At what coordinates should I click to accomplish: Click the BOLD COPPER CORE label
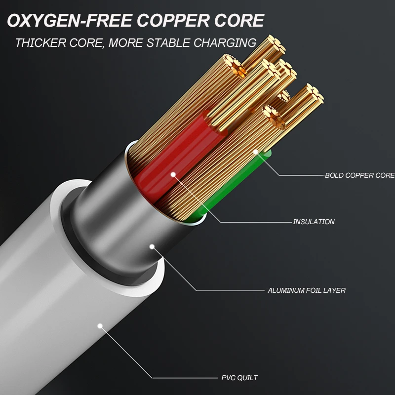tap(359, 175)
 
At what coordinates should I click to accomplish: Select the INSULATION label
tap(314, 222)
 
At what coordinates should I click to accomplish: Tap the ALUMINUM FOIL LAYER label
tap(306, 290)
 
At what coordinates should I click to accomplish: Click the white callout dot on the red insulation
tap(173, 174)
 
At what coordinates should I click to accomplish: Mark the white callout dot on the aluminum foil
tap(152, 245)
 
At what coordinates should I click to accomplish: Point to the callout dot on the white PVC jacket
tap(100, 326)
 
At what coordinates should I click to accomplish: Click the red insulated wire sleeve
tap(163, 163)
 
